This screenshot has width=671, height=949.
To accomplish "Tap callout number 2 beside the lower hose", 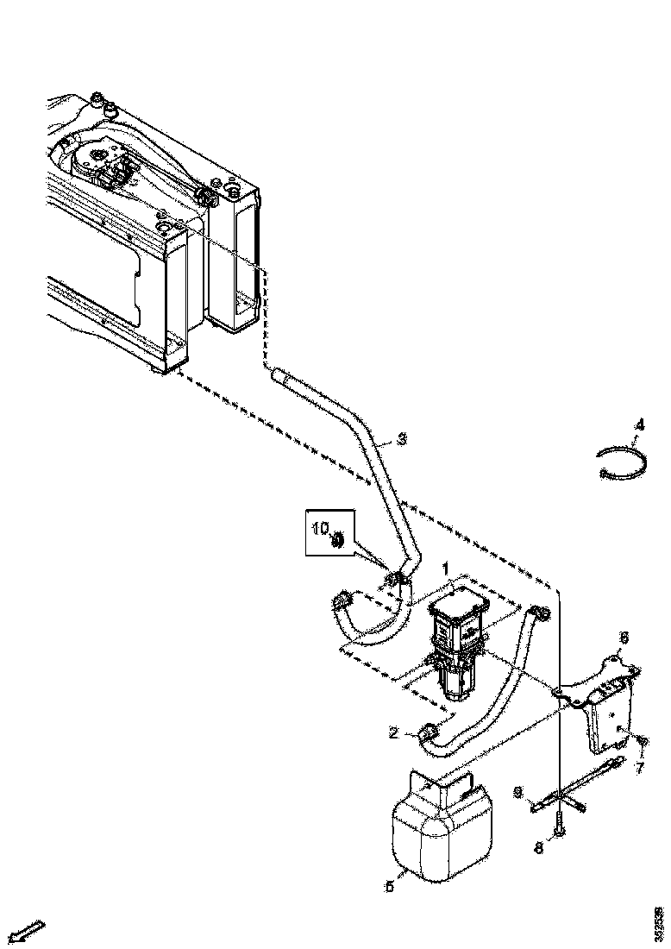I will tap(393, 732).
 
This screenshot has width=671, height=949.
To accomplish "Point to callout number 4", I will tap(638, 425).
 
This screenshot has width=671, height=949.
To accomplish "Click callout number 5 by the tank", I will tap(389, 885).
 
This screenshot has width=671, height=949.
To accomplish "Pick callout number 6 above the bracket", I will tap(624, 638).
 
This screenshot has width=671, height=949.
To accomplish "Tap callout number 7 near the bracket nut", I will tap(639, 765).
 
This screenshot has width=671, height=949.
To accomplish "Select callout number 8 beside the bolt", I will tap(538, 847).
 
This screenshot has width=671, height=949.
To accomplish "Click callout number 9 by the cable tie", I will tap(517, 790).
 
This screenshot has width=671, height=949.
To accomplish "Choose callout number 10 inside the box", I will tap(320, 528).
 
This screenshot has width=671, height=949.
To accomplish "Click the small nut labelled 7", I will tap(640, 740).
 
